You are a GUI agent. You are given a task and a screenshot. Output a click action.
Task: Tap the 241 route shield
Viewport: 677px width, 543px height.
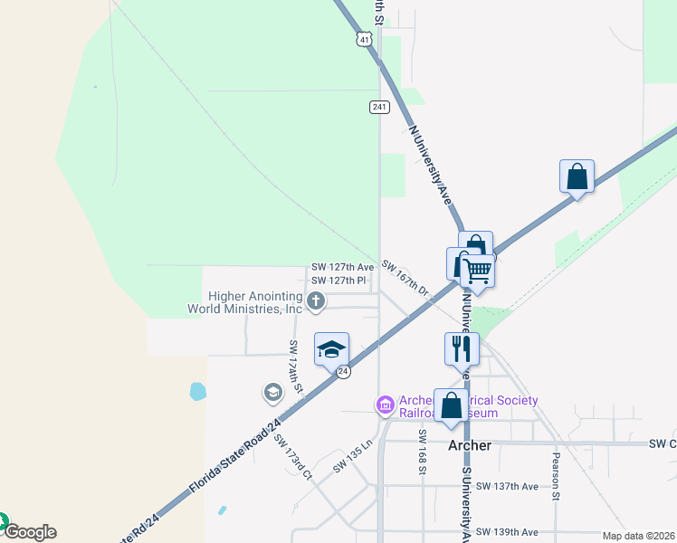coord(379,107)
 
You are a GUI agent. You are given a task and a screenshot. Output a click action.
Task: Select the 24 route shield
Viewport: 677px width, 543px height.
coord(343,371)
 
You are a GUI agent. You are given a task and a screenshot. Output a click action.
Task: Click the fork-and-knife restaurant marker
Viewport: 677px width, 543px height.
coord(462,348)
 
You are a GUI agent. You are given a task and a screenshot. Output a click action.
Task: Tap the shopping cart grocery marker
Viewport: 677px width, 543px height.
coord(477,269)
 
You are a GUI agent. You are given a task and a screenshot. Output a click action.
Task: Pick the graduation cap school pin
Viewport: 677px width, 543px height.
coord(331,348)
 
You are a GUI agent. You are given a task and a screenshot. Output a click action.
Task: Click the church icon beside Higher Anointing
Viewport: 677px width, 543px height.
coord(316,301)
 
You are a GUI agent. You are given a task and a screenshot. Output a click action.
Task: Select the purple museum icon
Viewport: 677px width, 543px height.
coord(385,403)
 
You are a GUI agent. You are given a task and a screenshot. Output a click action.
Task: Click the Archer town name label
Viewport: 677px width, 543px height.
coord(471,445)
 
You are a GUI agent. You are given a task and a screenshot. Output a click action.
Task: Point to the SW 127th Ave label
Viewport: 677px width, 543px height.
coord(342,267)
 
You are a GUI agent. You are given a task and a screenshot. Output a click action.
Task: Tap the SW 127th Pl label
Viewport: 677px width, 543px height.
coord(338,281)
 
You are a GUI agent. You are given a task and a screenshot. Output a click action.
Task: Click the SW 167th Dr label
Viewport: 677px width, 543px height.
coord(405,277)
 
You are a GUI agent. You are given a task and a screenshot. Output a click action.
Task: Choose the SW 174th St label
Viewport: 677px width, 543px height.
coord(295,367)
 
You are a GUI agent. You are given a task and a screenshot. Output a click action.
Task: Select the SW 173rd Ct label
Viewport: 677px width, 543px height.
coord(293,458)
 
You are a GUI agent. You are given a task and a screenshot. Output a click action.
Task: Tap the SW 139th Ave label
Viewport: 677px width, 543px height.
coord(507,531)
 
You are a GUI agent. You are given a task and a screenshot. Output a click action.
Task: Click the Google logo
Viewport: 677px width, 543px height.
coord(30,532)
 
